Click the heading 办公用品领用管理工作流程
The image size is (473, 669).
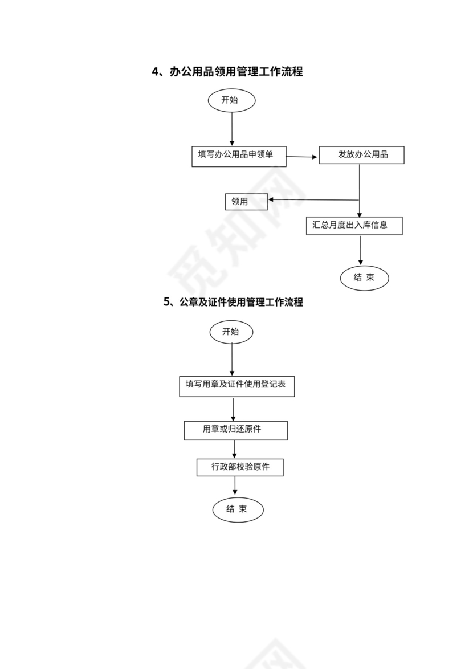[x=236, y=72]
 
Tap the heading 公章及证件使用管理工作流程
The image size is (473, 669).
[x=241, y=302]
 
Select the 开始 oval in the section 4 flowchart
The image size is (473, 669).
[x=231, y=100]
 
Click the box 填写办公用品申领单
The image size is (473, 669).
[x=239, y=155]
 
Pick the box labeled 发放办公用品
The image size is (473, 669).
[x=361, y=155]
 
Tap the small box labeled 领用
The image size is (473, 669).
[x=246, y=201]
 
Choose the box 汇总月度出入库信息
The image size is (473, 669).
[x=354, y=225]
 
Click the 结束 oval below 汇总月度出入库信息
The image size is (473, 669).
[x=364, y=278]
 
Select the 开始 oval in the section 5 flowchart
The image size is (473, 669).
[x=231, y=332]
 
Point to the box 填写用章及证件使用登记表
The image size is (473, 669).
[x=237, y=385]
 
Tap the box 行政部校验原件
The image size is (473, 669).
[x=240, y=467]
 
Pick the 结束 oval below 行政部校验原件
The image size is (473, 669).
[x=238, y=509]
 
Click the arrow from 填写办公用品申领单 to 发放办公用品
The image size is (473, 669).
[x=302, y=156]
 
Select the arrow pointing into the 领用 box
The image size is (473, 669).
[x=313, y=199]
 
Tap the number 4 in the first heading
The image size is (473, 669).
[x=154, y=72]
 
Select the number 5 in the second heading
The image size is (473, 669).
[x=166, y=302]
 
